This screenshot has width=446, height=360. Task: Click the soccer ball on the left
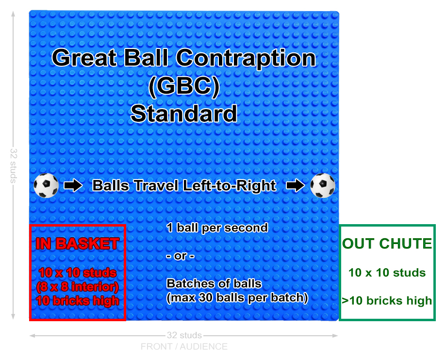point(46,185)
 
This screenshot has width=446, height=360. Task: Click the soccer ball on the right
point(323,185)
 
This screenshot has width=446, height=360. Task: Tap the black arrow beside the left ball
point(73,186)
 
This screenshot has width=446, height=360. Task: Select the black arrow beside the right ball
point(295,186)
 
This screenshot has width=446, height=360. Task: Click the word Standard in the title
point(184,114)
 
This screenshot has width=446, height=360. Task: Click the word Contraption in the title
point(246,58)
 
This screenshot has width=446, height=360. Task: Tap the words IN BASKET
point(77,244)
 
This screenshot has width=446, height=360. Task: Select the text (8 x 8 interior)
point(77,287)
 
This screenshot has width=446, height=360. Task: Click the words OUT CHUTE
point(387,244)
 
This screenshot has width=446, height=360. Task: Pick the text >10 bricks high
point(387,301)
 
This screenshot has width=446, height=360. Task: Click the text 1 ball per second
point(217,228)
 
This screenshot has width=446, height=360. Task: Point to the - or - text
point(181,256)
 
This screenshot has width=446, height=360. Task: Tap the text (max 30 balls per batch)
point(237,298)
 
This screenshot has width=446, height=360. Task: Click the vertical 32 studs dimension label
point(14,165)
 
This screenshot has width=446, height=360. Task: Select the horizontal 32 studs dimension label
point(184,335)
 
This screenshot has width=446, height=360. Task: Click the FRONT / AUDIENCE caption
point(184,346)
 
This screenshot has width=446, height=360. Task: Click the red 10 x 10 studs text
point(78,273)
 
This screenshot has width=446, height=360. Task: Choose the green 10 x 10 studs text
point(387,273)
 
